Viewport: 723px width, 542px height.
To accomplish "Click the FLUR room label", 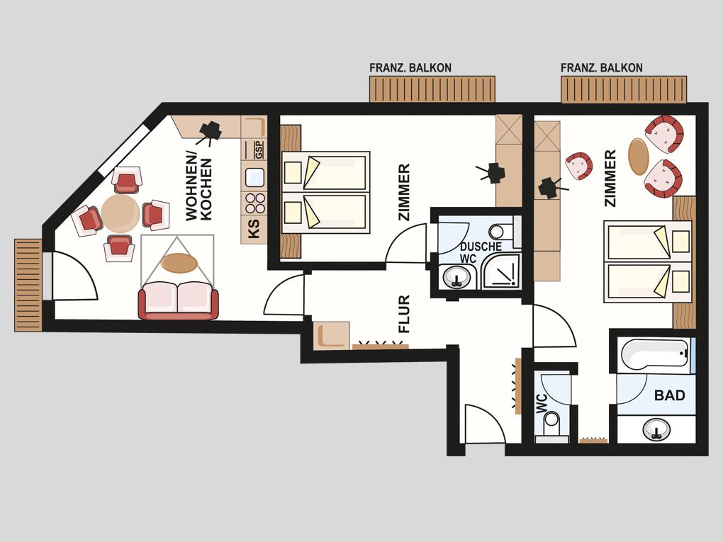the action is point(404,314).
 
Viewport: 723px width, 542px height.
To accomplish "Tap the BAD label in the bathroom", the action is point(670,395).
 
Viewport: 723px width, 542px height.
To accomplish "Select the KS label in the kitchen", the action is point(254,229).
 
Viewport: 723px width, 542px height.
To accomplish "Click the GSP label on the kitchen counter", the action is point(259,150).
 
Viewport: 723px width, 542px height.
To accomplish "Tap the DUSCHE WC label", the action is point(480,252).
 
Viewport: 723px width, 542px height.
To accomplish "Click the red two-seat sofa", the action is point(179,300).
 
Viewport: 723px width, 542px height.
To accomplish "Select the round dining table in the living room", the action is point(120,213).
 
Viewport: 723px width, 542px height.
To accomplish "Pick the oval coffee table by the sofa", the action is point(179,263).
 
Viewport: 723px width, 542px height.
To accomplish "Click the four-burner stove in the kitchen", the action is point(254,203).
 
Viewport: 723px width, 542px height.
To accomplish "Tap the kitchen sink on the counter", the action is point(254,177).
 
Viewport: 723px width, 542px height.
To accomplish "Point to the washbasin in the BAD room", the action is point(656,429).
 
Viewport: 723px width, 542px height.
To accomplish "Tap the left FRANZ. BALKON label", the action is point(410,68).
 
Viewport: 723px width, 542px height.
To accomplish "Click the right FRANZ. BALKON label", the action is point(602,68).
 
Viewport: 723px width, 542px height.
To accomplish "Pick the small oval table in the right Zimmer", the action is point(639,157).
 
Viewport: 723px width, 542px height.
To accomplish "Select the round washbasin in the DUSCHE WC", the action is point(456,278).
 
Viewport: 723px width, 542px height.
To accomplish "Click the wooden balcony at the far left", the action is point(28,285).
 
